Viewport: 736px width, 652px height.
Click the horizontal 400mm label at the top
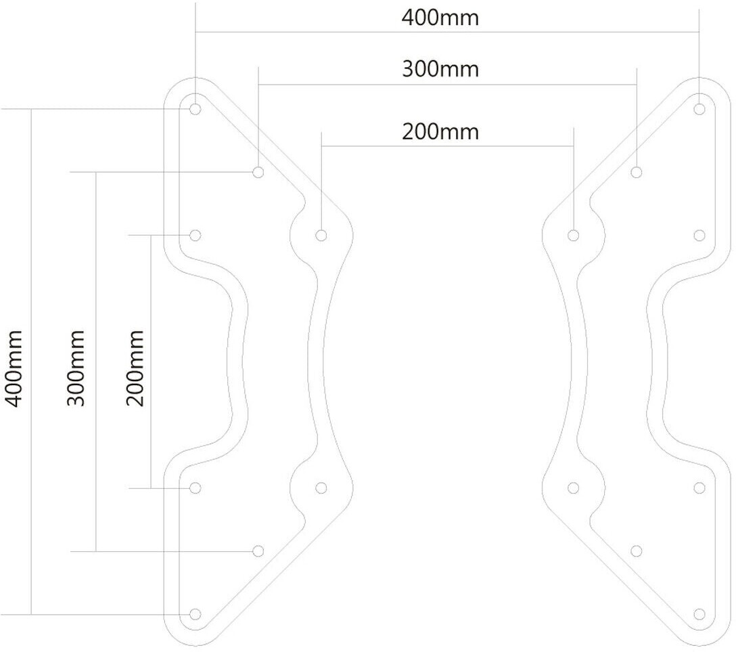click(x=440, y=18)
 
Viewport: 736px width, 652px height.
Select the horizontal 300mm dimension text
click(x=440, y=69)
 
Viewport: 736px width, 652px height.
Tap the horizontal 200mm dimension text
click(x=440, y=131)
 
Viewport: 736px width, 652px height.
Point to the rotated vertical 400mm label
click(x=14, y=369)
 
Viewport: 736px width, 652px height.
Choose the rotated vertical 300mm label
click(x=75, y=369)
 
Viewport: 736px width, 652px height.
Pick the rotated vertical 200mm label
click(x=135, y=369)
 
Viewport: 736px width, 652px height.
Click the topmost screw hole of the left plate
click(x=195, y=108)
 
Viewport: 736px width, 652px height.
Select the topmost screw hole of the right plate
click(x=699, y=108)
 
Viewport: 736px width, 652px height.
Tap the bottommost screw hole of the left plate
click(x=195, y=614)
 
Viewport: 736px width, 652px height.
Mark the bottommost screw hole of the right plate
click(x=699, y=614)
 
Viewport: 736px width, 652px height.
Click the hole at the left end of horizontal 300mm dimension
click(x=258, y=172)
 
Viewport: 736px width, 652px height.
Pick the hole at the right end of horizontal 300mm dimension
click(x=637, y=172)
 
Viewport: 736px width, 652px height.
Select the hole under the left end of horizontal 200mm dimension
click(x=321, y=235)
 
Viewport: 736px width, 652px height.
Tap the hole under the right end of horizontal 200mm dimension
click(x=574, y=235)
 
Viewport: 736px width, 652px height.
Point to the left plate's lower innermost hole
click(x=321, y=487)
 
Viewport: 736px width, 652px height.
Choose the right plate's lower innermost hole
click(x=574, y=487)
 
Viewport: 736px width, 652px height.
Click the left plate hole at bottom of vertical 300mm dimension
click(x=258, y=550)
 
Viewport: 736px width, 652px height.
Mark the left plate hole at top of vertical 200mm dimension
click(x=195, y=235)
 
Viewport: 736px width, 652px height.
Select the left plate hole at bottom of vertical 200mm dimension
click(x=195, y=487)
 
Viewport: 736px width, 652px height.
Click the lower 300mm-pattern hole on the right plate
click(x=637, y=550)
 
